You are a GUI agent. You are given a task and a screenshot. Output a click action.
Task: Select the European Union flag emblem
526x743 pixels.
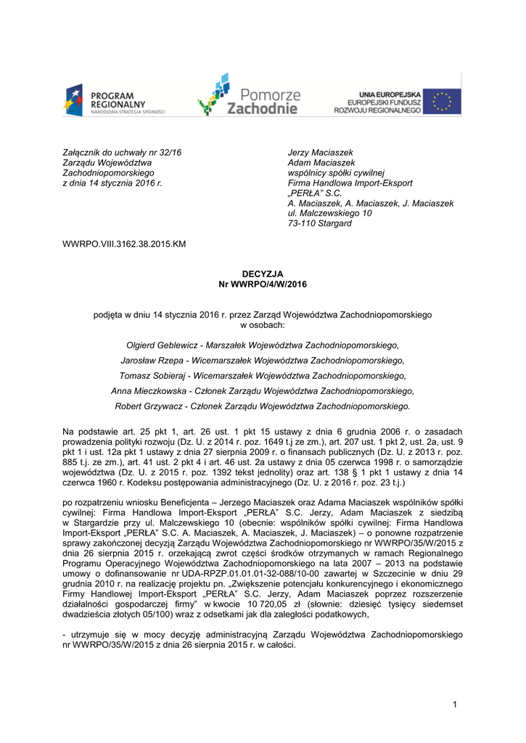click(442, 101)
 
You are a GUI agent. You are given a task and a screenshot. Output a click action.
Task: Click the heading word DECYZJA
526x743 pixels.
click(263, 274)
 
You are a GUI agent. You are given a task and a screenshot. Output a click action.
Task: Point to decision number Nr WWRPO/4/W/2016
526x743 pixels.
click(263, 284)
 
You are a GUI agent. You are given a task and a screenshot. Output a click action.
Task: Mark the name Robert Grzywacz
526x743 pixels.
click(149, 406)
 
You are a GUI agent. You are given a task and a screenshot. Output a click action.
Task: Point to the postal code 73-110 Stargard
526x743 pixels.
click(319, 223)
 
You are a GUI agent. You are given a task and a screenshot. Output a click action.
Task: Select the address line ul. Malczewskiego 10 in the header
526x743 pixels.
click(329, 213)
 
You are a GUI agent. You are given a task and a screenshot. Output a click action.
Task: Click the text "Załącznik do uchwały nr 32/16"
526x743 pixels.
click(122, 152)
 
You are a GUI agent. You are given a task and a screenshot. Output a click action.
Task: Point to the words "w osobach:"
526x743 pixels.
click(263, 325)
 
